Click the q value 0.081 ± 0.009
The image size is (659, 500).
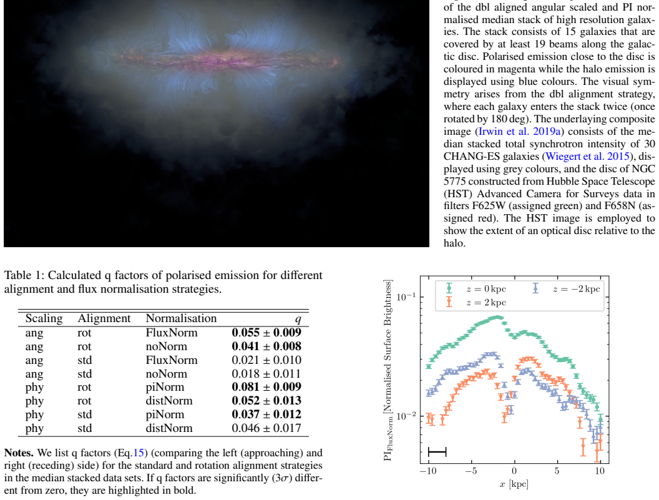[x=266, y=387]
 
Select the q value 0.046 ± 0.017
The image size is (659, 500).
[x=266, y=428]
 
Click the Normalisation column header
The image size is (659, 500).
[x=181, y=318]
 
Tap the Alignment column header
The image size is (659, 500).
[x=104, y=319]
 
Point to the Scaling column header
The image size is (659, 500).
[x=44, y=319]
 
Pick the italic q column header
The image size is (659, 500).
[x=298, y=320]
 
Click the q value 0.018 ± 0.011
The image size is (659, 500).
[x=266, y=374]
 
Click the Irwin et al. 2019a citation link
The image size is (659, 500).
[x=519, y=132]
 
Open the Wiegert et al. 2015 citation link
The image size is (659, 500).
[x=588, y=157]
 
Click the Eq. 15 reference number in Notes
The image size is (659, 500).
[x=139, y=453]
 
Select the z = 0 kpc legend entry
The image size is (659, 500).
[x=476, y=289]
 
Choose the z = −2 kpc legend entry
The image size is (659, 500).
[x=566, y=289]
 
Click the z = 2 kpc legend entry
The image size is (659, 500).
[x=476, y=302]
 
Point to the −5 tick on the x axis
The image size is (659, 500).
[x=471, y=471]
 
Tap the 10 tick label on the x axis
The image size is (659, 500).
[x=600, y=471]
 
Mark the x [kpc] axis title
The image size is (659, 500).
[x=514, y=484]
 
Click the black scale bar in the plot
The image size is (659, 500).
[x=437, y=452]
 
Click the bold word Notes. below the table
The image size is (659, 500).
[x=19, y=453]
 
